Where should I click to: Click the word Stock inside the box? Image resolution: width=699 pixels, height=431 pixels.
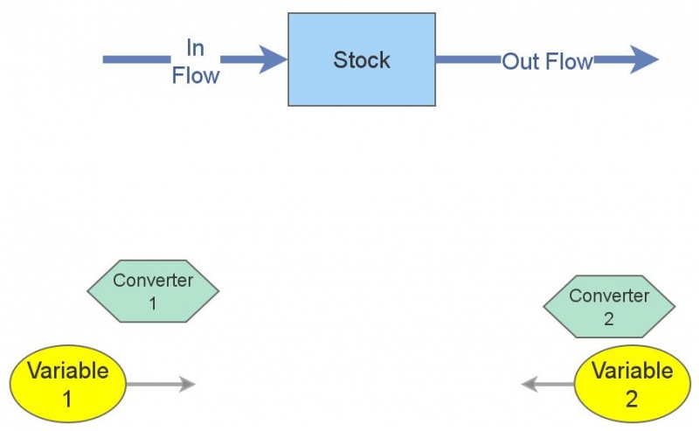362,60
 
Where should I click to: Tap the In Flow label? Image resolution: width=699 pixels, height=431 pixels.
195,61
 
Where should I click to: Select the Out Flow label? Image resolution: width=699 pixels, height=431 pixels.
547,61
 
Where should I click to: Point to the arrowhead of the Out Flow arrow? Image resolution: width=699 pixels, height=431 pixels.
643,59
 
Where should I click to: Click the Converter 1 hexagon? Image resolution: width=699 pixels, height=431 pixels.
153,291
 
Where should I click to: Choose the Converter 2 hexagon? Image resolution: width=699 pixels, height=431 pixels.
609,307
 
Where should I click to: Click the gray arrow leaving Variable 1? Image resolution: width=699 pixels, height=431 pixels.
162,384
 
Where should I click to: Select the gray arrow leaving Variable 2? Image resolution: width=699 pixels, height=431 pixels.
548,384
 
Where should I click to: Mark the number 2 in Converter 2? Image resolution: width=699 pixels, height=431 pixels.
609,318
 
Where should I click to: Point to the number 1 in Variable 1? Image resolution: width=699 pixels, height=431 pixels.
67,399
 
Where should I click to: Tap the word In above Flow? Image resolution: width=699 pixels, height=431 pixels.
195,47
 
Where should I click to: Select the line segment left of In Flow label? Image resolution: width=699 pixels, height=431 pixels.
135,59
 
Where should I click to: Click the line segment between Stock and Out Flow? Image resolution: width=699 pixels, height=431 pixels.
467,59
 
